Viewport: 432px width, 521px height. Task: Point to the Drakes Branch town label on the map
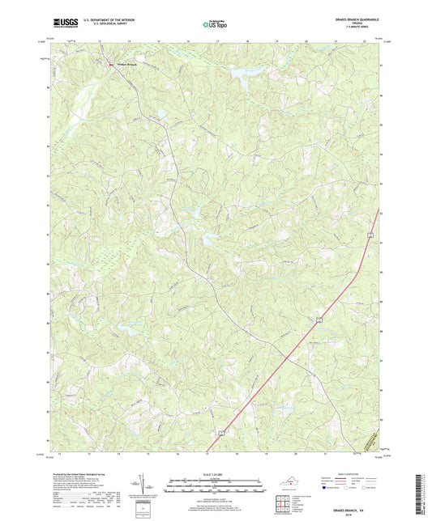122,64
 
